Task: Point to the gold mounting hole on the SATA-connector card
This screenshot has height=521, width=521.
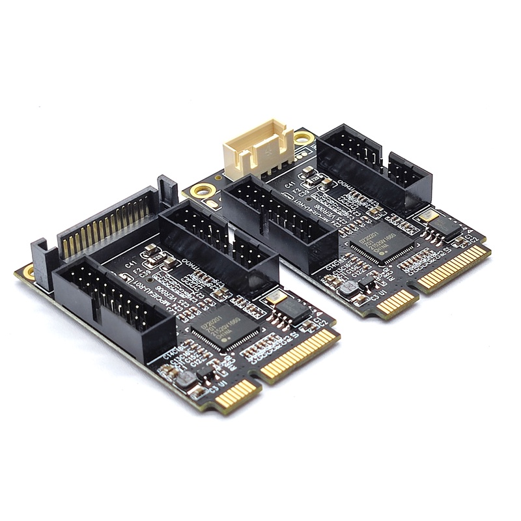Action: click(28, 272)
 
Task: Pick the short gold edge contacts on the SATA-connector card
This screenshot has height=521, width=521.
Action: click(236, 394)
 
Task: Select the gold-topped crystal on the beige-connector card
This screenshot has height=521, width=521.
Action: click(429, 217)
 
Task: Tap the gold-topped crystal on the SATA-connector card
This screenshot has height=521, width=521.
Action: click(275, 298)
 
